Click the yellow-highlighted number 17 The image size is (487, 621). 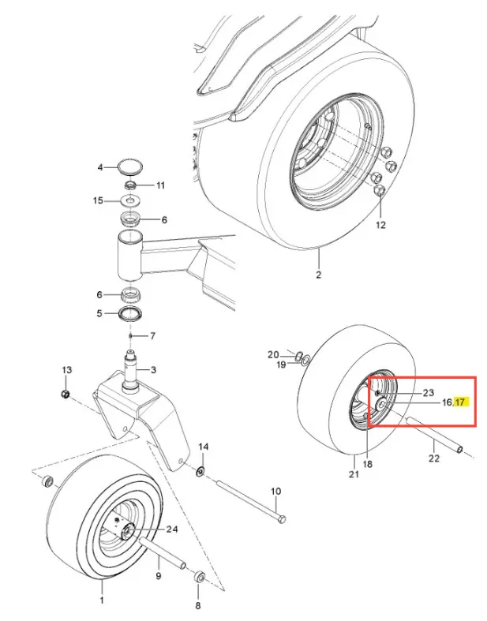pyautogui.click(x=459, y=402)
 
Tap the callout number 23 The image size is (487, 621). pyautogui.click(x=429, y=392)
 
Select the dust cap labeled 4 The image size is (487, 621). pyautogui.click(x=130, y=166)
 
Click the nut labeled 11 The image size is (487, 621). pyautogui.click(x=131, y=185)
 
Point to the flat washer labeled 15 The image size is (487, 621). pyautogui.click(x=130, y=200)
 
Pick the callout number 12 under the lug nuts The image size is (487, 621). pyautogui.click(x=380, y=225)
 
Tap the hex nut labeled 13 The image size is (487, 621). pyautogui.click(x=66, y=394)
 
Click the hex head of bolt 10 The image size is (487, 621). pyautogui.click(x=282, y=519)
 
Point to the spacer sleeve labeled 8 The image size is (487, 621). pyautogui.click(x=199, y=576)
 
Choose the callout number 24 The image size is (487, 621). pyautogui.click(x=172, y=529)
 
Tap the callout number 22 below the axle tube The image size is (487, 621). pyautogui.click(x=434, y=458)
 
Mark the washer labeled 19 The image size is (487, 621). pyautogui.click(x=305, y=361)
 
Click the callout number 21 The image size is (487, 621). pyautogui.click(x=354, y=473)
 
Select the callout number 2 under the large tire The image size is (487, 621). pyautogui.click(x=319, y=275)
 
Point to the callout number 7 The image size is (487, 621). pyautogui.click(x=152, y=336)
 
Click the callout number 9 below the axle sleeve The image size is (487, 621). pyautogui.click(x=159, y=575)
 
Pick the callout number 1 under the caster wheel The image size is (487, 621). pyautogui.click(x=102, y=600)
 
